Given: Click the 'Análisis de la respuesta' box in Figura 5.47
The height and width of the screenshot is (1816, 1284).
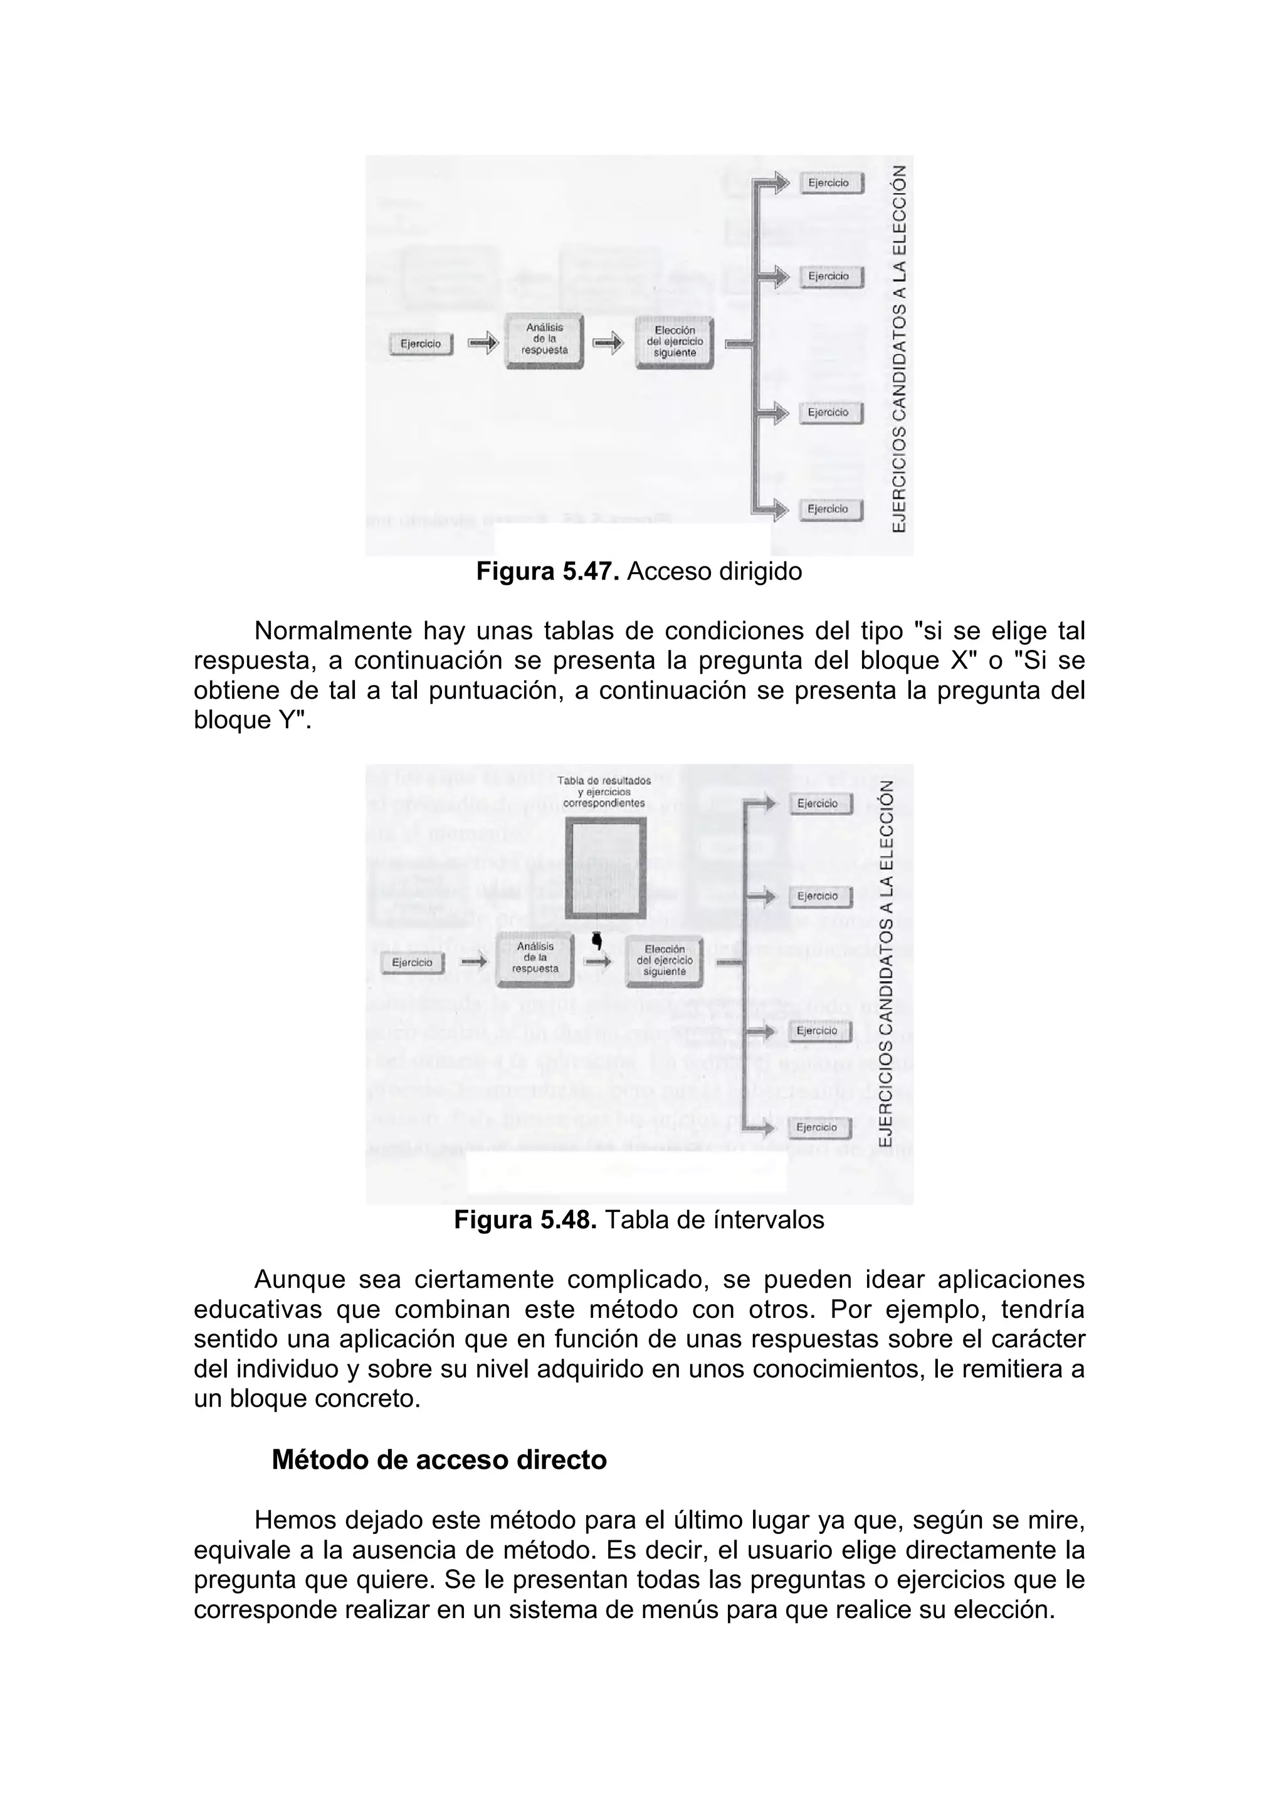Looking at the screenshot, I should pos(544,341).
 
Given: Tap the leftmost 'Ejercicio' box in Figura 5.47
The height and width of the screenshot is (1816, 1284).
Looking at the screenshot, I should pos(421,344).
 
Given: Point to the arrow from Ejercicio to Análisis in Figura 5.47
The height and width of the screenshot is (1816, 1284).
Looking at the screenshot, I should pos(483,343).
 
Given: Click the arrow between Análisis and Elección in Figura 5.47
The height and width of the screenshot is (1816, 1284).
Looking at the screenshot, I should pos(608,343).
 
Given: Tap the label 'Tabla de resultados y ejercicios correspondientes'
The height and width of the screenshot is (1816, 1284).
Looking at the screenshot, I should pos(604,791).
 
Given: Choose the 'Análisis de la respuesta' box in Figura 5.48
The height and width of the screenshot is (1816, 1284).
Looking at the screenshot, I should pos(535,958).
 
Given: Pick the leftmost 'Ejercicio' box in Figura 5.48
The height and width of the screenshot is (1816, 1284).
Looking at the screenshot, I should pos(412,963).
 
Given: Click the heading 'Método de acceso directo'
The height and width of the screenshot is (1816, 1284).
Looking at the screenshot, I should pos(439,1460).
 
